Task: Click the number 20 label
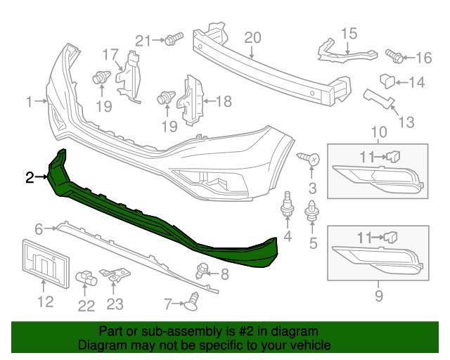[252, 37]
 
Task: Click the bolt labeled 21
[174, 39]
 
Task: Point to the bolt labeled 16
[395, 54]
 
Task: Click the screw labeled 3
[310, 160]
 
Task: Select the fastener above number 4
[288, 205]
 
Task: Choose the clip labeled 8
[202, 269]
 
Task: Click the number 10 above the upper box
[379, 131]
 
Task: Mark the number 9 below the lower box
[379, 296]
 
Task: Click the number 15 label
[349, 33]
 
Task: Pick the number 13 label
[406, 124]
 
